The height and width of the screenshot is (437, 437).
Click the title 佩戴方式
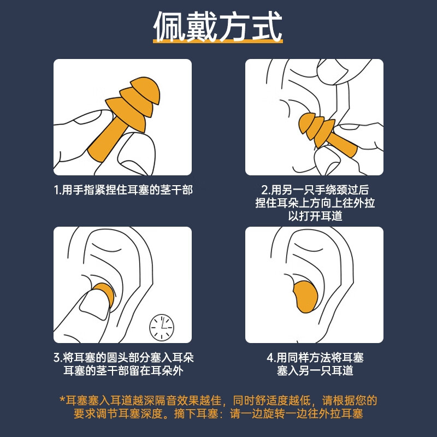(x=218, y=26)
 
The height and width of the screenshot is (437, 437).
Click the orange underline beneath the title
(x=218, y=42)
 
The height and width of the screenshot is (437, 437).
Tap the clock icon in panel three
(x=162, y=327)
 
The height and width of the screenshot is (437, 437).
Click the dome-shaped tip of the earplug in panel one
(x=146, y=88)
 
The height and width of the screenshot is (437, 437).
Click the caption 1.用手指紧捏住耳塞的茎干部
(x=123, y=190)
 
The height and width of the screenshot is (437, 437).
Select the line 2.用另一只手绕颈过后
(x=315, y=190)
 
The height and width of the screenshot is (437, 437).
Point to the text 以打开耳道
(x=315, y=216)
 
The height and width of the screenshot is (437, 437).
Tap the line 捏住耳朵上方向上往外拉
(x=315, y=203)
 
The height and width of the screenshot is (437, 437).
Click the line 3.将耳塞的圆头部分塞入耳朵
(x=123, y=358)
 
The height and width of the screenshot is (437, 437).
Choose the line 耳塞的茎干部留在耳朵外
(x=123, y=371)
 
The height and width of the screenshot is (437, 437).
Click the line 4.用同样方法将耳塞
(x=315, y=358)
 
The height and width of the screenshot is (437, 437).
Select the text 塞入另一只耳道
(x=315, y=371)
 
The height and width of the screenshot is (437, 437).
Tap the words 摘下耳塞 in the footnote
(x=196, y=414)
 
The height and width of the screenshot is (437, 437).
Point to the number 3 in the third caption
(x=57, y=358)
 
